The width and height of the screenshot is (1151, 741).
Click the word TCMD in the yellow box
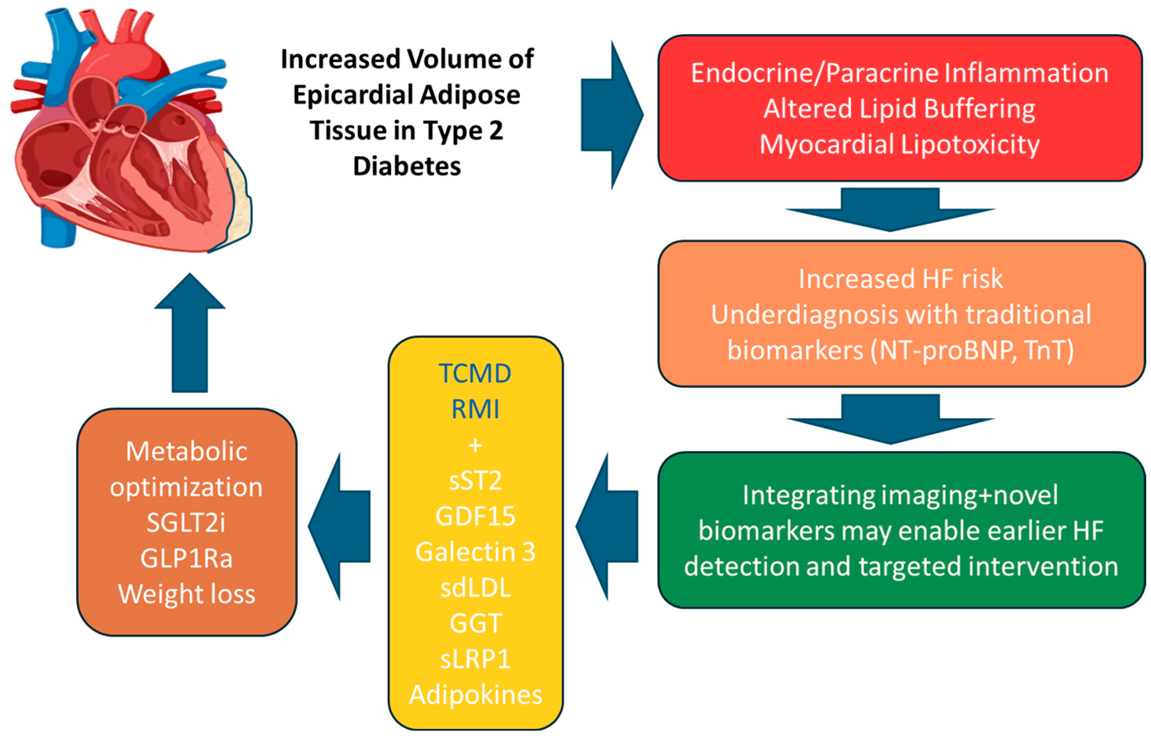coord(475,373)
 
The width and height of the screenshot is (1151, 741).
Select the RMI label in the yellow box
coord(475,410)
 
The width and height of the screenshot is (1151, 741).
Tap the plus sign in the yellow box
coord(475,445)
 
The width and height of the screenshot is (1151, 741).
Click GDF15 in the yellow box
coord(475,516)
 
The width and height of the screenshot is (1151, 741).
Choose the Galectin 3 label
coord(475,552)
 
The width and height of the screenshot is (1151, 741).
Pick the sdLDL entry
coord(475,588)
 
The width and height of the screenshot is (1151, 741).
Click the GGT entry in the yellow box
coord(475,624)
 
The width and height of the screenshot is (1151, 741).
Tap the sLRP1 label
coord(475,659)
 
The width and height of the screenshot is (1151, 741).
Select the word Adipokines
coord(475,695)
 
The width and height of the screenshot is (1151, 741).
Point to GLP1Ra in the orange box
coord(186,559)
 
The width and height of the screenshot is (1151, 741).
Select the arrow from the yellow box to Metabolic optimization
coord(339,527)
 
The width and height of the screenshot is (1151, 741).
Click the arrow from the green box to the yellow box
coord(607,527)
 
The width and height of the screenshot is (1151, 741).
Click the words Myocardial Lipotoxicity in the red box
coord(899,144)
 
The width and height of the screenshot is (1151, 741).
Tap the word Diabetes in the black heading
coord(407,166)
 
